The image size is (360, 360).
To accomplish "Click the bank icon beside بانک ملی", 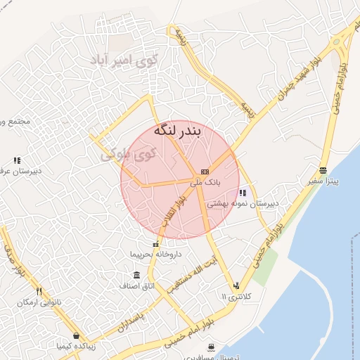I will pos(205,171).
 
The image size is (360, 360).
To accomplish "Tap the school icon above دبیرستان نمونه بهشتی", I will pos(243,193).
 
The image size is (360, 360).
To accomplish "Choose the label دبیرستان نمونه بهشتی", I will pos(243,204).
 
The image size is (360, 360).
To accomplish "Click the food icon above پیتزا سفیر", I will pos(323,169).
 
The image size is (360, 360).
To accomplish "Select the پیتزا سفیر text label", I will pos(323,181).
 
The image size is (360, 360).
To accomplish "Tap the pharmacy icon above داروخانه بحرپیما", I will pos(155,244).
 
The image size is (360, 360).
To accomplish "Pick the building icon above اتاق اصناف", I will pos(136,275).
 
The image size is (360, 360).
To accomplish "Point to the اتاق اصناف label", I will pos(136,286).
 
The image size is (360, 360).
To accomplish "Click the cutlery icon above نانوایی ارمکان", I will pos(39,291).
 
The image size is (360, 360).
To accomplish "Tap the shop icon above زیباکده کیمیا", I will pos(75,335).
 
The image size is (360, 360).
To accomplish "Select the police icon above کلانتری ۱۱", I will pos(236,285).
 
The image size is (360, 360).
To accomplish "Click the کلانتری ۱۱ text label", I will pos(235,297).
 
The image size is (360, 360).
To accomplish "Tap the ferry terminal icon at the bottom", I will pos(212,347).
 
